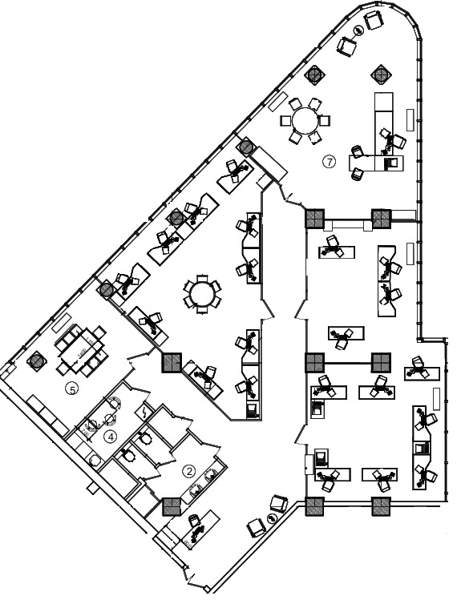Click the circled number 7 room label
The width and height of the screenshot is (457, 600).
(329, 162)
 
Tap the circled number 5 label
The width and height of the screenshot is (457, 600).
(72, 389)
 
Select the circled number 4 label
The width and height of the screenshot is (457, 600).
(111, 437)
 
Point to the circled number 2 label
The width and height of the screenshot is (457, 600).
(189, 471)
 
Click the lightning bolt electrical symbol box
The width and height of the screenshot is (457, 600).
(145, 412)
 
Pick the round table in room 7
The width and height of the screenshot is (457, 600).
(305, 120)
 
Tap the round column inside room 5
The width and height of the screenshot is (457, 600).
(35, 360)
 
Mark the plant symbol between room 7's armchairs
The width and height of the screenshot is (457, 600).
(359, 30)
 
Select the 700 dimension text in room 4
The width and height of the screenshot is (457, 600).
(85, 433)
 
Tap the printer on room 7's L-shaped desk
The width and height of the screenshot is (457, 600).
(392, 163)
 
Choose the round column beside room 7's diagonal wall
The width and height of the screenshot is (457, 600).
(245, 147)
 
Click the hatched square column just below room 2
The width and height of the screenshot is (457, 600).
(172, 506)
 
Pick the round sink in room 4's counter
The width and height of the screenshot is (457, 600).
(95, 461)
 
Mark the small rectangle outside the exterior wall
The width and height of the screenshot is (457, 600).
(91, 489)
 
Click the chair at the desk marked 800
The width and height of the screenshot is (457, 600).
(194, 521)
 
